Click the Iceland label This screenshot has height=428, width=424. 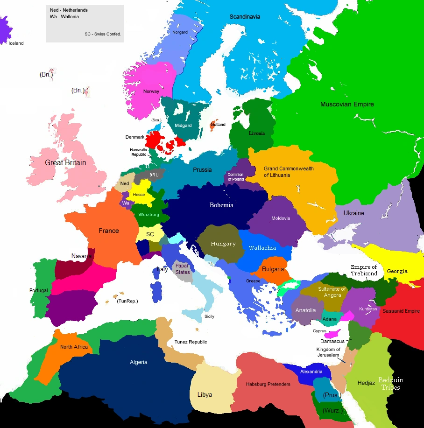pyautogui.click(x=16, y=43)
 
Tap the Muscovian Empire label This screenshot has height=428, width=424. pyautogui.click(x=347, y=104)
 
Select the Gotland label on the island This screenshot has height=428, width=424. pyautogui.click(x=218, y=125)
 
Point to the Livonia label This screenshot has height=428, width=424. pyautogui.click(x=256, y=133)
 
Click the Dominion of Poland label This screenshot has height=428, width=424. pyautogui.click(x=236, y=177)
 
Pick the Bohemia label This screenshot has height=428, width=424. pyautogui.click(x=221, y=205)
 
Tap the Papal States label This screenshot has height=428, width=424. pyautogui.click(x=183, y=269)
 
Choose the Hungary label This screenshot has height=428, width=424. pyautogui.click(x=223, y=244)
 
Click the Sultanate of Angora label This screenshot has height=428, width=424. pyautogui.click(x=332, y=292)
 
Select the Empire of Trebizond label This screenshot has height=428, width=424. pyautogui.click(x=364, y=270)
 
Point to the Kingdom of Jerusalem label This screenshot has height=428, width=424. pyautogui.click(x=328, y=352)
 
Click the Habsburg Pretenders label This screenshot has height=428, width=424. pyautogui.click(x=268, y=384)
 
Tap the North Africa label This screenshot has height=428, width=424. pyautogui.click(x=74, y=347)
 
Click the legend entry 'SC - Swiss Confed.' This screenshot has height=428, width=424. pyautogui.click(x=103, y=34)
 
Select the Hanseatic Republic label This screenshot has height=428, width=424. pyautogui.click(x=138, y=152)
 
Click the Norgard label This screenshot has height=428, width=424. pyautogui.click(x=180, y=32)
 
